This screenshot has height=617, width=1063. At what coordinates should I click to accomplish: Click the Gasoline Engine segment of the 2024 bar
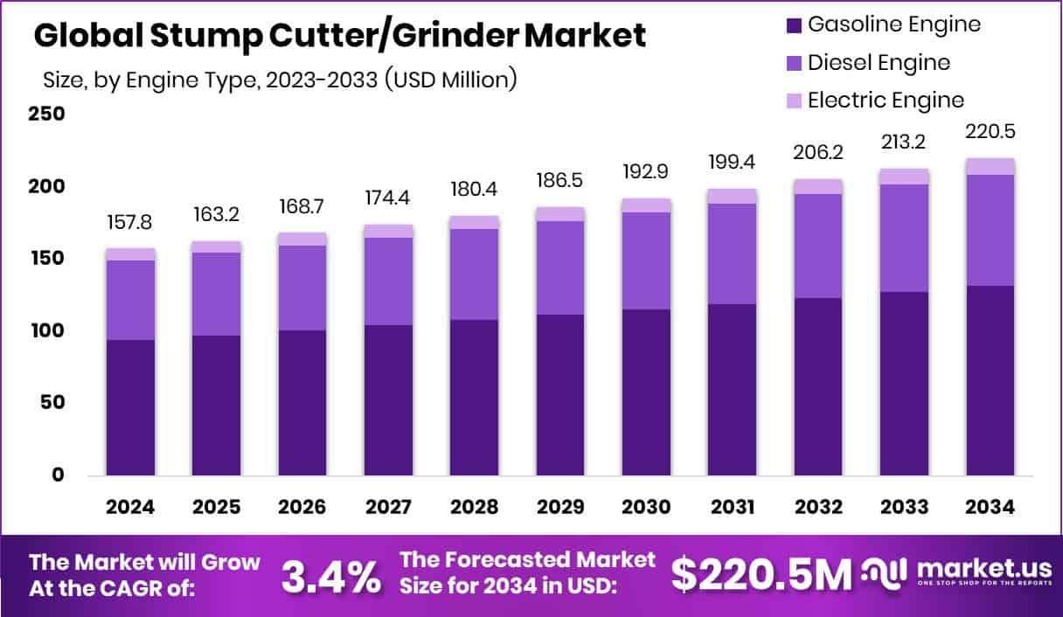click(130, 407)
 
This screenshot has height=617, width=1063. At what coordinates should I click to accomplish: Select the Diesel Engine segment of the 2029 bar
click(560, 267)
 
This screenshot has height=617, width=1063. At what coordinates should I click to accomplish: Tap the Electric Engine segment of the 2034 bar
click(990, 167)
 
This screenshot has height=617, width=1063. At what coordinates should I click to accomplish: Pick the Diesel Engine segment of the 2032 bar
click(818, 246)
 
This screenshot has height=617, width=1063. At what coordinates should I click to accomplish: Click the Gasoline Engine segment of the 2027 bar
click(388, 400)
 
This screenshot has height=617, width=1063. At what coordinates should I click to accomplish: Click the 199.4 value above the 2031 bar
click(732, 163)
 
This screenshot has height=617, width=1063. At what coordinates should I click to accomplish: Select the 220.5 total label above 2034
click(990, 132)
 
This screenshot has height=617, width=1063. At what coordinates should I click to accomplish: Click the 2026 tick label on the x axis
click(302, 507)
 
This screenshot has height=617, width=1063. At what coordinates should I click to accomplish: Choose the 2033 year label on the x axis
click(904, 507)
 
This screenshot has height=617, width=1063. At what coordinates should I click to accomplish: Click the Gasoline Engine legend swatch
click(793, 25)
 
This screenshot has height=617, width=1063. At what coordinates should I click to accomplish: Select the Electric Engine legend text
click(886, 100)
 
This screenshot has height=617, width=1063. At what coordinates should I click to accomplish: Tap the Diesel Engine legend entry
click(879, 63)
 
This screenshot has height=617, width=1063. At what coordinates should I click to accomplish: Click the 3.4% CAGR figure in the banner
click(331, 575)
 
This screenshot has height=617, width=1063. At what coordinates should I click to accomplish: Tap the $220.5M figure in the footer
click(761, 574)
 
